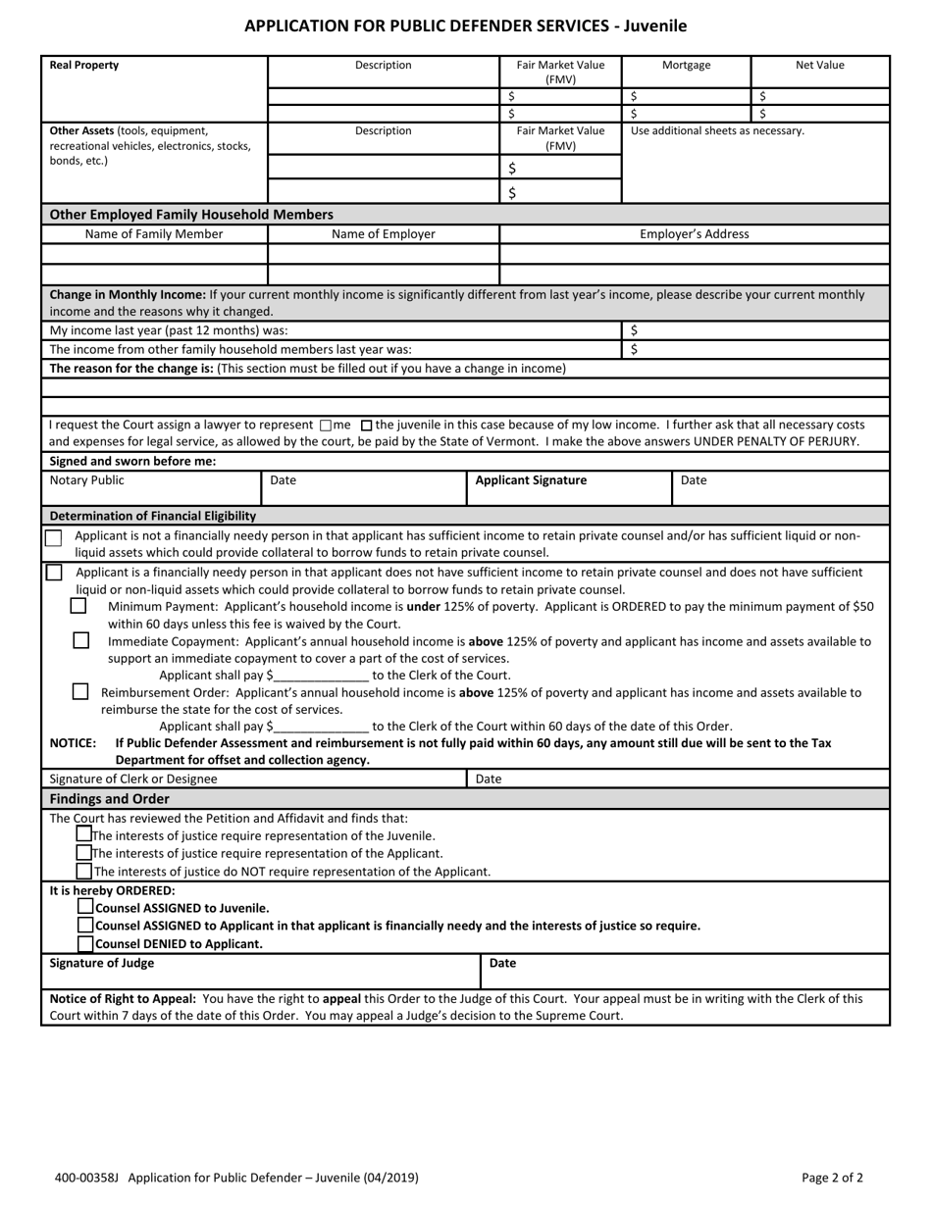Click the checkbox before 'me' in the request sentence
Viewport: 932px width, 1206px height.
[326, 426]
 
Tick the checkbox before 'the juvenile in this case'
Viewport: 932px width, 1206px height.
[367, 426]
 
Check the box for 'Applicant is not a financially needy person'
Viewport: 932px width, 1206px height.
[53, 537]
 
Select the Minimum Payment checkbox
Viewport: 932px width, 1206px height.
[78, 606]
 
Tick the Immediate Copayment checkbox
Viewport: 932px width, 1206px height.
[81, 640]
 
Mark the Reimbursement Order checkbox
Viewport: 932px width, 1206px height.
[80, 691]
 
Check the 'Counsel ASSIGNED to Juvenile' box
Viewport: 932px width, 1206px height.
[86, 907]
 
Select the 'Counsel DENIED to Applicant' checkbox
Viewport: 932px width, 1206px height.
[86, 943]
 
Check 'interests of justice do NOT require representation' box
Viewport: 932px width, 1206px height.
[85, 871]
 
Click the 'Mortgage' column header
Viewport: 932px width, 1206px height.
[686, 66]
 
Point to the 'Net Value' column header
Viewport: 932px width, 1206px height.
[819, 66]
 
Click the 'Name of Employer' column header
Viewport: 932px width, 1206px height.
[383, 234]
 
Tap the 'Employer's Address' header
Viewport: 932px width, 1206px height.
[694, 234]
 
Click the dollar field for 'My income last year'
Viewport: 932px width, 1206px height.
[755, 331]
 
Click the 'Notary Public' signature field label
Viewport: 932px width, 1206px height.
[87, 480]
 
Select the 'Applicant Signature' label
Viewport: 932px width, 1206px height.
[531, 480]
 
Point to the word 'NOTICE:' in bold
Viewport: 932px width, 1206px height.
[74, 743]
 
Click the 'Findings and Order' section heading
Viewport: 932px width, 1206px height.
[110, 799]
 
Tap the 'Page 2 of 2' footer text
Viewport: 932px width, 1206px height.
[832, 1178]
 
